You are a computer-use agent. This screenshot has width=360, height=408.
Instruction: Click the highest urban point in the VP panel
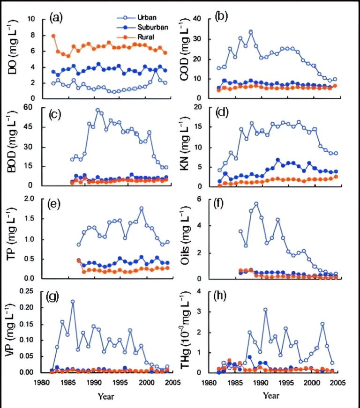[73, 302]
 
